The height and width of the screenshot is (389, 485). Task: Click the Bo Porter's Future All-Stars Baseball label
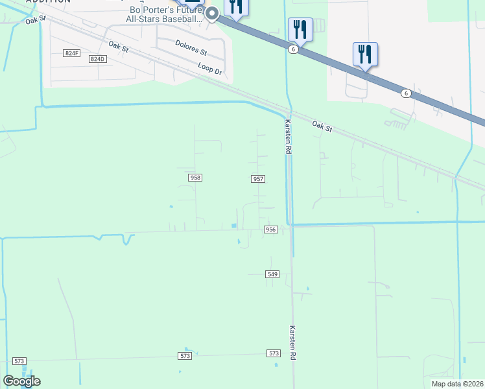165,15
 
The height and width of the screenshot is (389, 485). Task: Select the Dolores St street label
191,47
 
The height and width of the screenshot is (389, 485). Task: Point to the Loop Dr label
210,69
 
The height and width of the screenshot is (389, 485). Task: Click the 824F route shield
71,53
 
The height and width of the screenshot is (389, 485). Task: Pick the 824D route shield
97,59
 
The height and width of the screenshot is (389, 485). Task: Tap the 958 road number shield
195,177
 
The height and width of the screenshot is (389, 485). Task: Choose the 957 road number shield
258,178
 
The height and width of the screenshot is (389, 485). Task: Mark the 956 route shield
271,230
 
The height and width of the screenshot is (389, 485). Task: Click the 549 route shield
272,274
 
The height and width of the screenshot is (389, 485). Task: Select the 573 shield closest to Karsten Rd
274,353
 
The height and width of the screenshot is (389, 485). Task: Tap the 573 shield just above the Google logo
19,361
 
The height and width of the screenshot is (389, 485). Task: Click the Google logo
21,381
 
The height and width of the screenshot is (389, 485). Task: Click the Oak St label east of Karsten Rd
322,126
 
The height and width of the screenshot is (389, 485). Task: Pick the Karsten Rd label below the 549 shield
293,343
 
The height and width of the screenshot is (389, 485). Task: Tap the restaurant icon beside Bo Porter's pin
236,7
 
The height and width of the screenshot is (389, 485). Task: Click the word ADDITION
47,2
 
